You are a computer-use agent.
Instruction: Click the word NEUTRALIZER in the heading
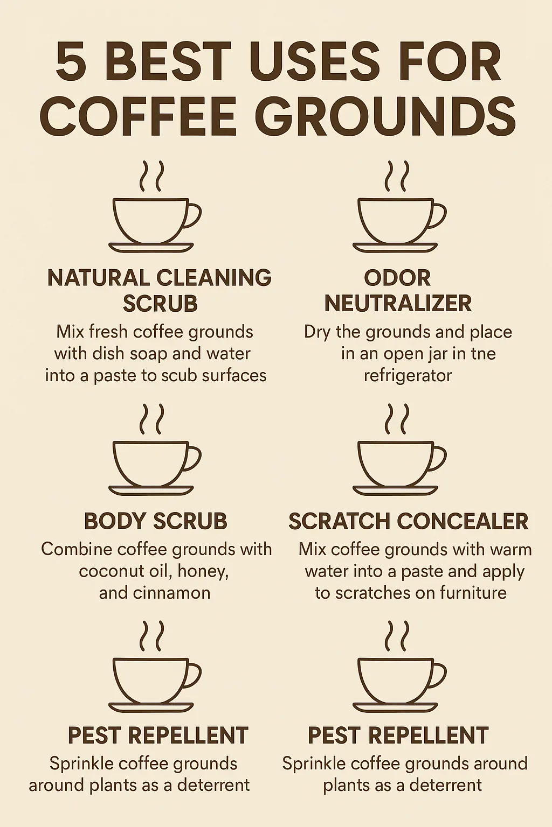[398, 304]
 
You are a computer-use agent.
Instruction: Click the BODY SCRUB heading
[155, 521]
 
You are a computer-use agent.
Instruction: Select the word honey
[203, 572]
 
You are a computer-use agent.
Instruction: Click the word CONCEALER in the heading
[463, 521]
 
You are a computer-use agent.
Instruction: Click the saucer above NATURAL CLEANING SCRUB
[151, 247]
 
